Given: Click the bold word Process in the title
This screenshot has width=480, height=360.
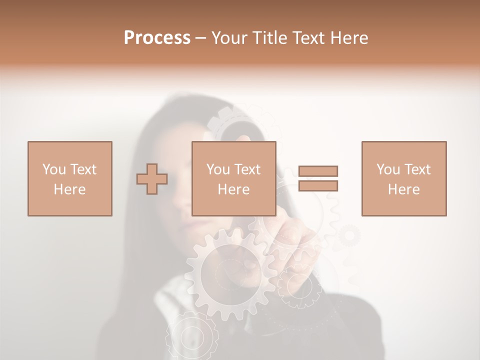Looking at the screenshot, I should click(157, 38).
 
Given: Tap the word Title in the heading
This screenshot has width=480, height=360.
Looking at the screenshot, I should click(269, 38).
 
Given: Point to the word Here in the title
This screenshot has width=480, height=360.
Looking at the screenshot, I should click(348, 38).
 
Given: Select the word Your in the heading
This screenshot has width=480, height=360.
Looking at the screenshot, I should click(229, 38).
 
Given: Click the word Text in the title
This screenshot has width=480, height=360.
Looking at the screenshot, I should click(307, 38).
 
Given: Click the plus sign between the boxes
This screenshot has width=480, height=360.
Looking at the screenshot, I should click(152, 179).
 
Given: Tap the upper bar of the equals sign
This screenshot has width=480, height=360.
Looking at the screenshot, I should click(318, 171).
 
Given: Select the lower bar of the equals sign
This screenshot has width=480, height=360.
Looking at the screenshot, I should click(318, 186).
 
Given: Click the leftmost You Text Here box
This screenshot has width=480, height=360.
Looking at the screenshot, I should click(69, 178).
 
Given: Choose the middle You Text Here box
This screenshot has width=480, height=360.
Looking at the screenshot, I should click(233, 178).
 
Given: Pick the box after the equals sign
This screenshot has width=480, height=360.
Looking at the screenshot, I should click(403, 178).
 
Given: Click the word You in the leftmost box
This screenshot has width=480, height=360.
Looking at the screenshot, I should click(54, 169).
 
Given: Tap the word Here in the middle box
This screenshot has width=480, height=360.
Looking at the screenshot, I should click(233, 189).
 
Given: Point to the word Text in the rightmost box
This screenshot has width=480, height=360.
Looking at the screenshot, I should click(417, 169).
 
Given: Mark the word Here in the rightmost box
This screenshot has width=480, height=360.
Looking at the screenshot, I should click(403, 189).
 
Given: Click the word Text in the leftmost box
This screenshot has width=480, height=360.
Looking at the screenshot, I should click(83, 169).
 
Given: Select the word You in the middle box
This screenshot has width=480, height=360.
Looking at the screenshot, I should click(218, 169).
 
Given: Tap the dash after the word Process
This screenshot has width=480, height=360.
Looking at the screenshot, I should click(201, 38).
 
